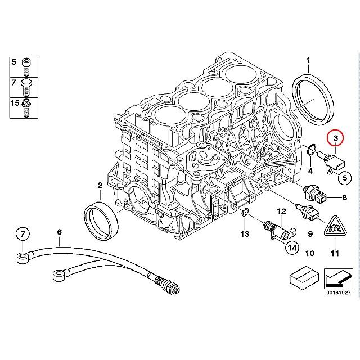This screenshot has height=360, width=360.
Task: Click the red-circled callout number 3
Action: (x=335, y=138)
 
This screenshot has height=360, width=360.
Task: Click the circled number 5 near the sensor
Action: (x=345, y=178)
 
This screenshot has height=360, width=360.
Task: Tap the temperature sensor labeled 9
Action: (x=308, y=213)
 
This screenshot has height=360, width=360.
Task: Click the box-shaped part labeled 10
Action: (x=304, y=278)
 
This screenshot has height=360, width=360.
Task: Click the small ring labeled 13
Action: (x=245, y=213)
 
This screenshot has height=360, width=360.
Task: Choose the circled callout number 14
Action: (x=292, y=247)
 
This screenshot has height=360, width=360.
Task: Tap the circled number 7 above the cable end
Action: (x=22, y=234)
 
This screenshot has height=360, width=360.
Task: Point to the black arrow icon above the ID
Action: (x=339, y=279)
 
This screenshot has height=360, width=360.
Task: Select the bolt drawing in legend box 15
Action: (x=26, y=107)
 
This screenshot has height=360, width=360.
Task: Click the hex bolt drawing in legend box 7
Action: (x=26, y=88)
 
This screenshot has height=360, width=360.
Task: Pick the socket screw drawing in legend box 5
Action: (x=26, y=67)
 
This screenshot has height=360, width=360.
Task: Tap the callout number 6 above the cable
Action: (x=60, y=232)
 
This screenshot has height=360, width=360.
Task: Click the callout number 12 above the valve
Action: (x=282, y=211)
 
